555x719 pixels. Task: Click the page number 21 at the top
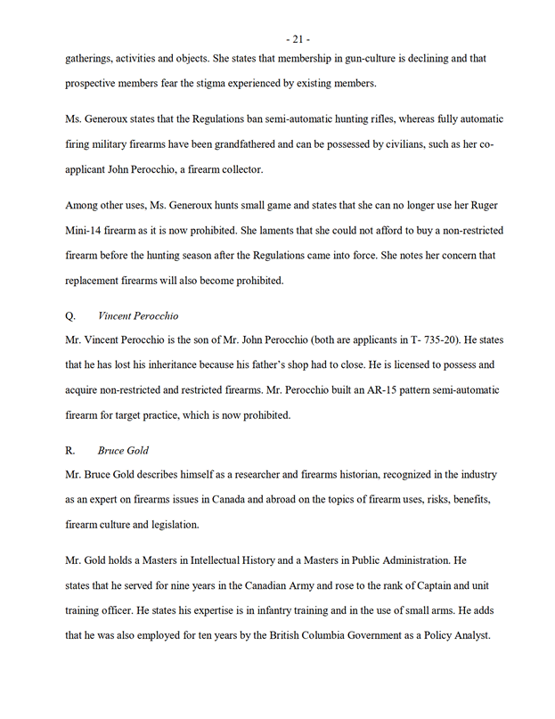(x=297, y=38)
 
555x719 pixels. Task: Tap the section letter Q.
(x=71, y=315)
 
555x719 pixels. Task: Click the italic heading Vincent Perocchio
(x=138, y=315)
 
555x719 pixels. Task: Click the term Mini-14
(x=87, y=231)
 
